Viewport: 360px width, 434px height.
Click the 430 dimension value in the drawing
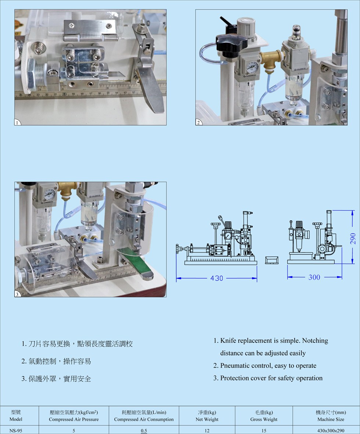coord(217,278)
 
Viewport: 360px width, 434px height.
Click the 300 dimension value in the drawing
coord(314,277)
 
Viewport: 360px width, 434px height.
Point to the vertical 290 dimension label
coord(353,238)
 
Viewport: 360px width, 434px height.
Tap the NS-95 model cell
coord(16,431)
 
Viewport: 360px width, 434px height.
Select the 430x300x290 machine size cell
coord(331,431)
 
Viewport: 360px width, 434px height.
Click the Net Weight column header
coord(207,416)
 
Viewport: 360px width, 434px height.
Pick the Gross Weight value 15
coord(264,431)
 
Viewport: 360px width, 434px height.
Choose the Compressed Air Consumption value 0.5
coord(144,431)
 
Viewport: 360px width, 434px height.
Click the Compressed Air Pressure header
coord(74,416)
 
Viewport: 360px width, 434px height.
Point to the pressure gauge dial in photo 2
coord(252,67)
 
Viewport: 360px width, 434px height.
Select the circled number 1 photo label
coord(17,122)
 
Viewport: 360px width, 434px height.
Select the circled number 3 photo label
coord(17,294)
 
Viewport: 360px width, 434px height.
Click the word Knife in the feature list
coord(228,340)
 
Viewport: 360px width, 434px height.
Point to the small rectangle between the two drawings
coord(271,260)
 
